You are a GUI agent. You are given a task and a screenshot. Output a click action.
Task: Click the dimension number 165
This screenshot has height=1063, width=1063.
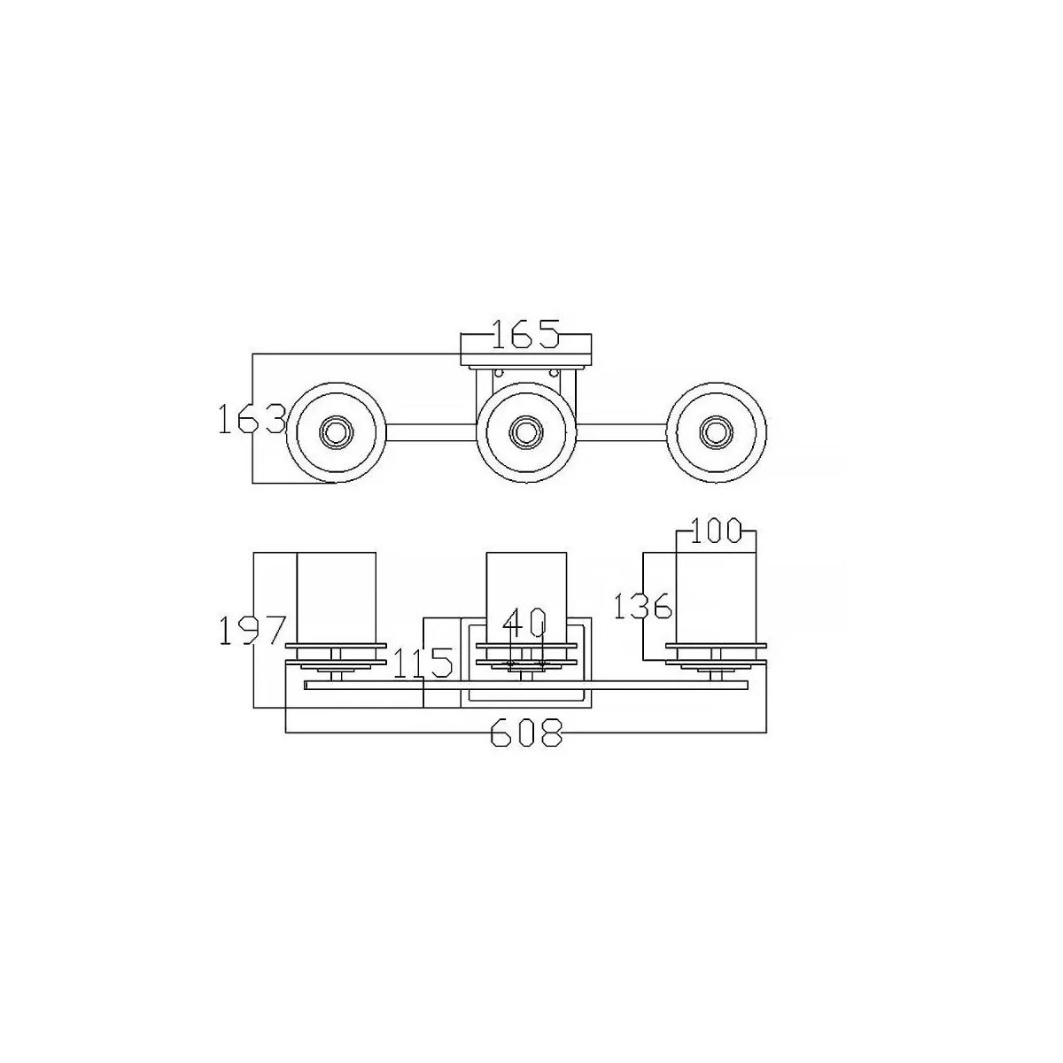525,334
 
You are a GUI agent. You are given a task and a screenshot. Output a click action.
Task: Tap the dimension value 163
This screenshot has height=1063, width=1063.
252,419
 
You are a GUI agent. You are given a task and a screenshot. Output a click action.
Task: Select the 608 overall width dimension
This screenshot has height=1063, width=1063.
526,732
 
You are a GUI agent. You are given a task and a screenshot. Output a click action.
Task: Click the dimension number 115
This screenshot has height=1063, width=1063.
423,663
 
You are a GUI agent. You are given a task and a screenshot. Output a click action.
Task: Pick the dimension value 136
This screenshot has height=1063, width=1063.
642,606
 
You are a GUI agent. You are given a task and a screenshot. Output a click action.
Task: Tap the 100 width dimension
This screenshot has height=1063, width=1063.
715,531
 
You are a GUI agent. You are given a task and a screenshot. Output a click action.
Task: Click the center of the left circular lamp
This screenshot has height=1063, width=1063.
335,432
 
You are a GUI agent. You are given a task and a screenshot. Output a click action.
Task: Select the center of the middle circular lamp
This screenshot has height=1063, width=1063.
524,432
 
